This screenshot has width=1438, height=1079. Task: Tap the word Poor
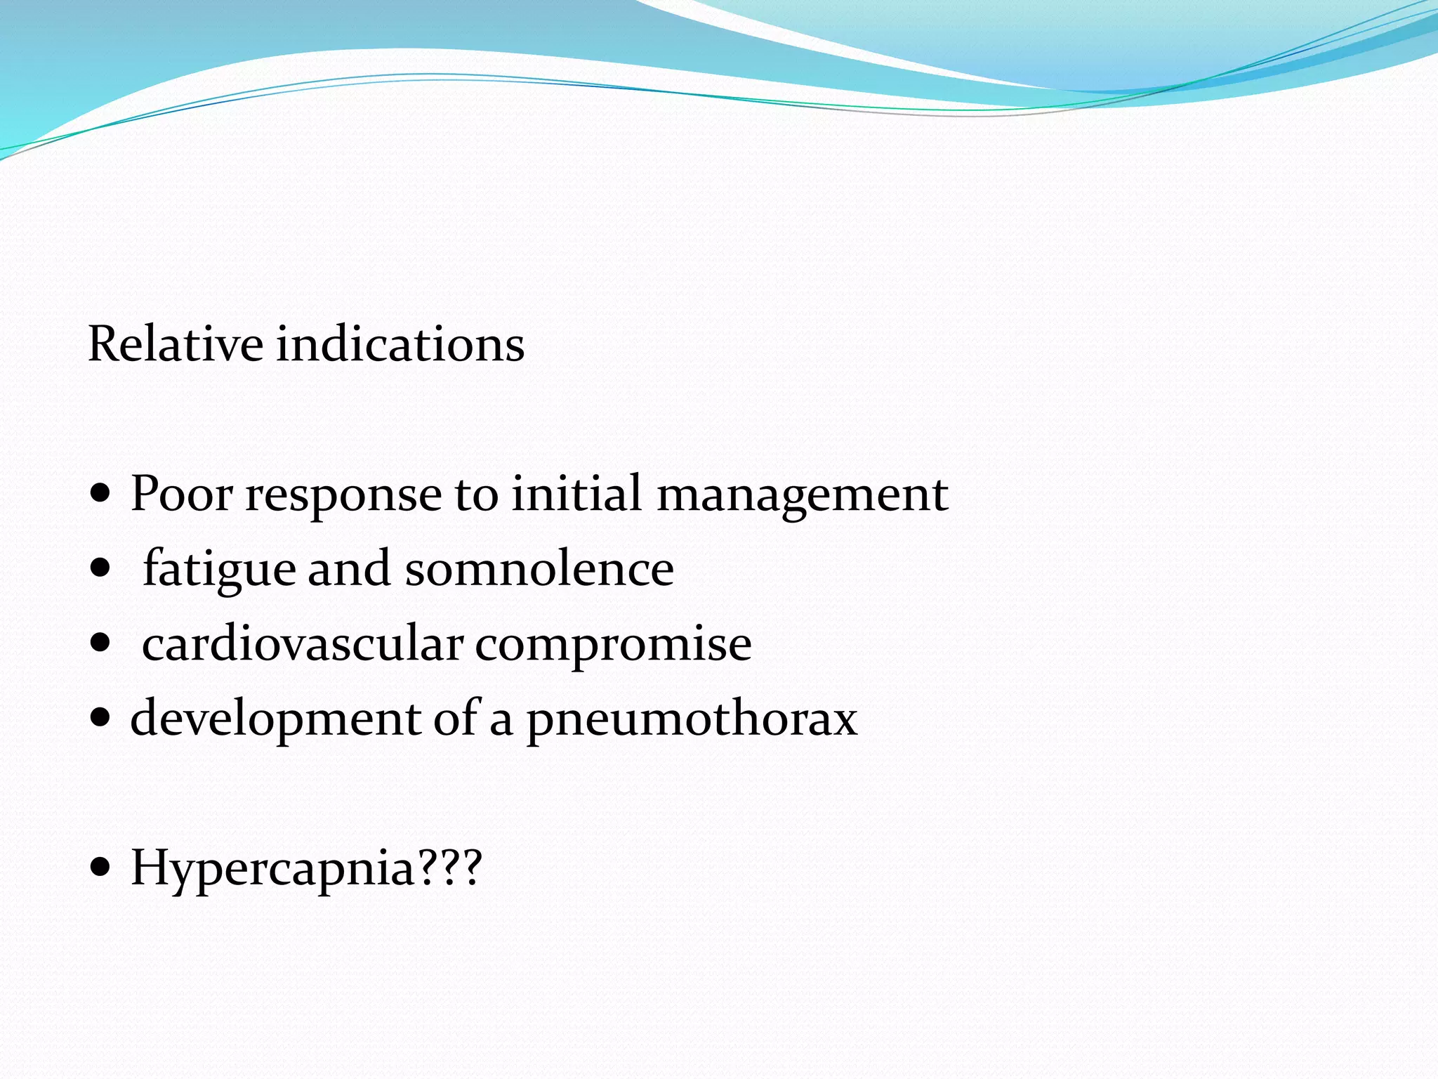pos(181,493)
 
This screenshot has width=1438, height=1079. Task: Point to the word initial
pos(576,493)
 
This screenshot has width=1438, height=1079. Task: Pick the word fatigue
pos(219,569)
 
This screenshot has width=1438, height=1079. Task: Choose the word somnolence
pos(539,568)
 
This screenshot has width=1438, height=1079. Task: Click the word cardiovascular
pos(303,643)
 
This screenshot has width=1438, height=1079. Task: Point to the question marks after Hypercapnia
pos(450,867)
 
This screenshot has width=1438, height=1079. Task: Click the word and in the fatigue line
pos(349,568)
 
